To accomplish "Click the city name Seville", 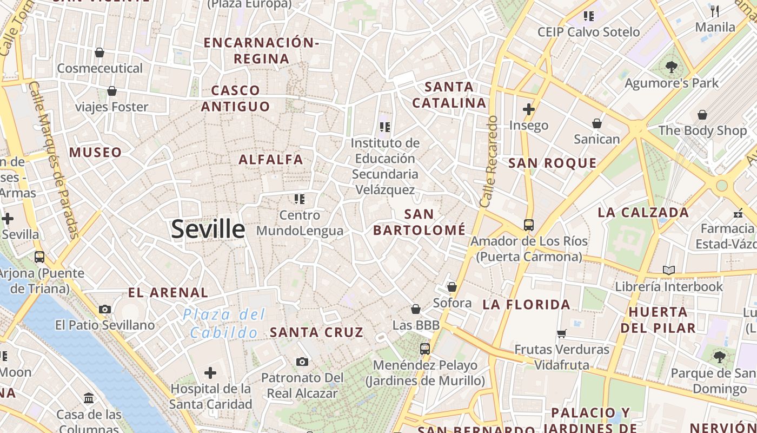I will pyautogui.click(x=208, y=229).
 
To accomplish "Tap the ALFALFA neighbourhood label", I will pyautogui.click(x=271, y=160).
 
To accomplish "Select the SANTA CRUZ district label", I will pyautogui.click(x=316, y=332).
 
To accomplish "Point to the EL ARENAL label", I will pyautogui.click(x=168, y=293).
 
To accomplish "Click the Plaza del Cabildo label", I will pyautogui.click(x=224, y=323).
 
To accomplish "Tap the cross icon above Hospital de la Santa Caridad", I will pyautogui.click(x=210, y=373).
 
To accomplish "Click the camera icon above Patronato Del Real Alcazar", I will pyautogui.click(x=302, y=362).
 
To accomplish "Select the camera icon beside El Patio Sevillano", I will pyautogui.click(x=105, y=310).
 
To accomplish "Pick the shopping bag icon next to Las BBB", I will pyautogui.click(x=416, y=309).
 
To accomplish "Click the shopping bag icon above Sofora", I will pyautogui.click(x=452, y=287).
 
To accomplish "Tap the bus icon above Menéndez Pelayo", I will pyautogui.click(x=425, y=349).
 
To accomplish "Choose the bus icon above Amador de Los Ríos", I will pyautogui.click(x=529, y=225).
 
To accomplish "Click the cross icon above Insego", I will pyautogui.click(x=529, y=110).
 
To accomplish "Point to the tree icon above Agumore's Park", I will pyautogui.click(x=672, y=68).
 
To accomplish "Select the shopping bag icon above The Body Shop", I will pyautogui.click(x=702, y=115).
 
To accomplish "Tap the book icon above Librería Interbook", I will pyautogui.click(x=669, y=270).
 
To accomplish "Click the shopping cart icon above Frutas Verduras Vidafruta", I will pyautogui.click(x=562, y=333).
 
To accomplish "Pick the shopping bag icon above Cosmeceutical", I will pyautogui.click(x=99, y=53).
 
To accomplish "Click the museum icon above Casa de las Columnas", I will pyautogui.click(x=89, y=399).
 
